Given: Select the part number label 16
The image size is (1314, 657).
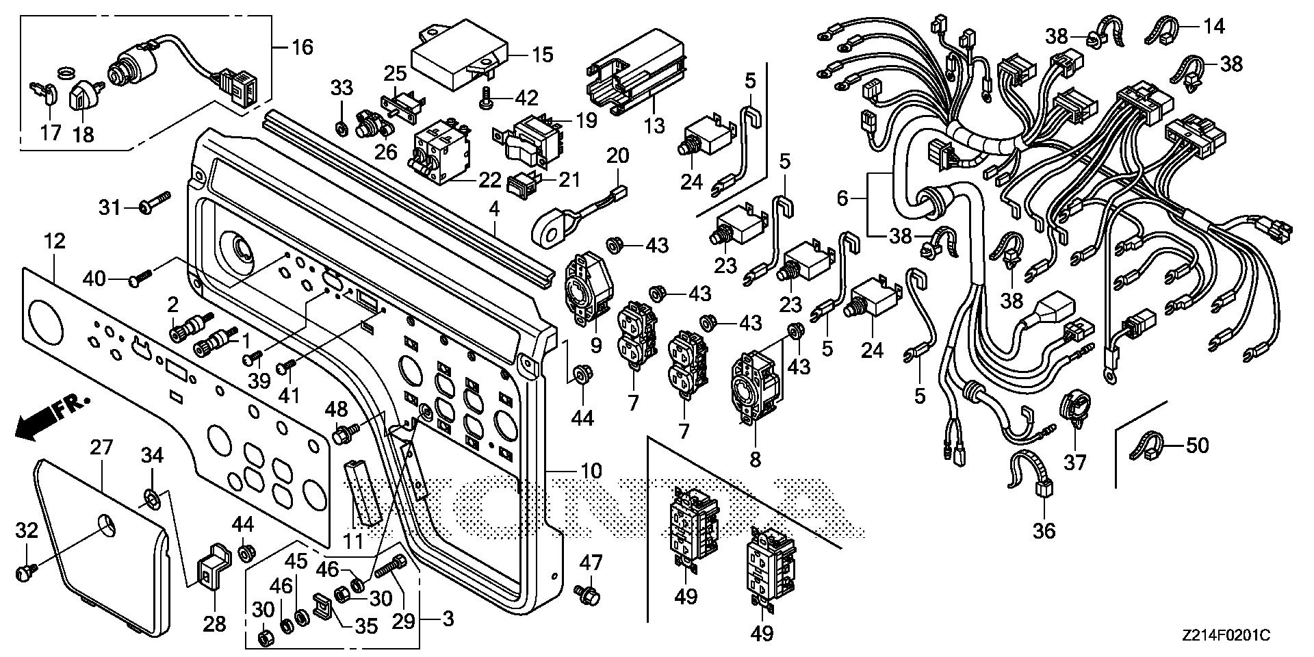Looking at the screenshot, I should [x=302, y=47].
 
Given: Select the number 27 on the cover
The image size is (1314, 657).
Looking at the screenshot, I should [x=101, y=448].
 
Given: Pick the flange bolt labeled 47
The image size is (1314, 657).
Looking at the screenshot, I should [x=587, y=595].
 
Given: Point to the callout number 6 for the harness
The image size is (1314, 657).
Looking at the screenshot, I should [x=842, y=198].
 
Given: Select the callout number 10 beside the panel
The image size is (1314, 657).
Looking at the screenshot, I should [x=591, y=471].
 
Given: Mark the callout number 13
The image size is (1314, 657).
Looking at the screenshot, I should [x=654, y=125].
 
